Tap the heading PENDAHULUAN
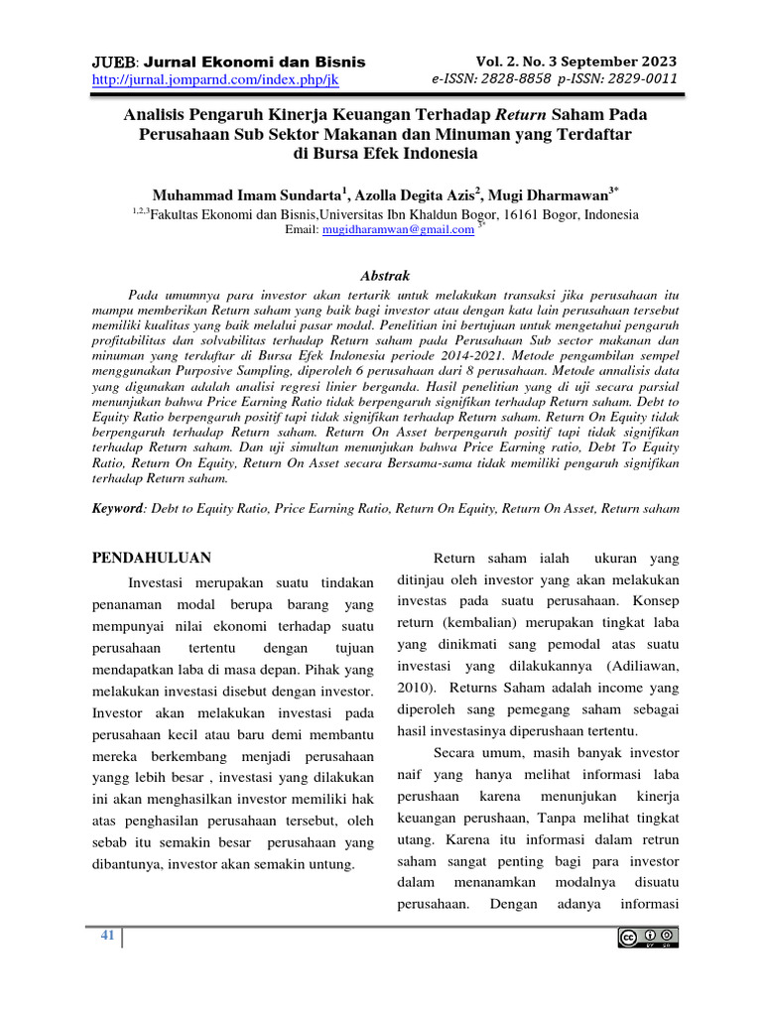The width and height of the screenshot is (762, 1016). [151, 558]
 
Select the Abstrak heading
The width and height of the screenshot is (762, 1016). [382, 276]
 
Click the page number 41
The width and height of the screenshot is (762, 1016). [108, 937]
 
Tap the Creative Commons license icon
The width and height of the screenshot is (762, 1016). [648, 938]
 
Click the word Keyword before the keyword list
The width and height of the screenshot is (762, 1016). [117, 507]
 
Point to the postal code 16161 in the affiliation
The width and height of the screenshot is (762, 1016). [523, 213]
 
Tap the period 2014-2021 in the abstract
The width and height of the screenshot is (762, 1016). [497, 351]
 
